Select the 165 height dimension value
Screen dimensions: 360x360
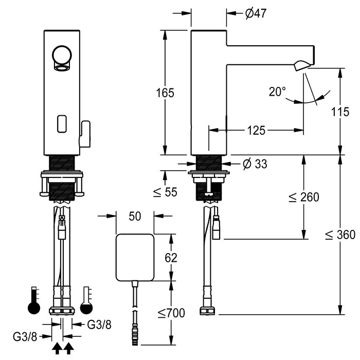(166, 93)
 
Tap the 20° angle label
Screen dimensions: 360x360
(277, 92)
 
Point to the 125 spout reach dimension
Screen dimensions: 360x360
(255, 130)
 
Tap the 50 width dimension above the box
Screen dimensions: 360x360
(135, 217)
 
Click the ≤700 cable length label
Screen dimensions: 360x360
(171, 312)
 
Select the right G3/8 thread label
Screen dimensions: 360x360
(97, 324)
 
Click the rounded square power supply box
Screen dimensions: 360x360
(135, 257)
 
